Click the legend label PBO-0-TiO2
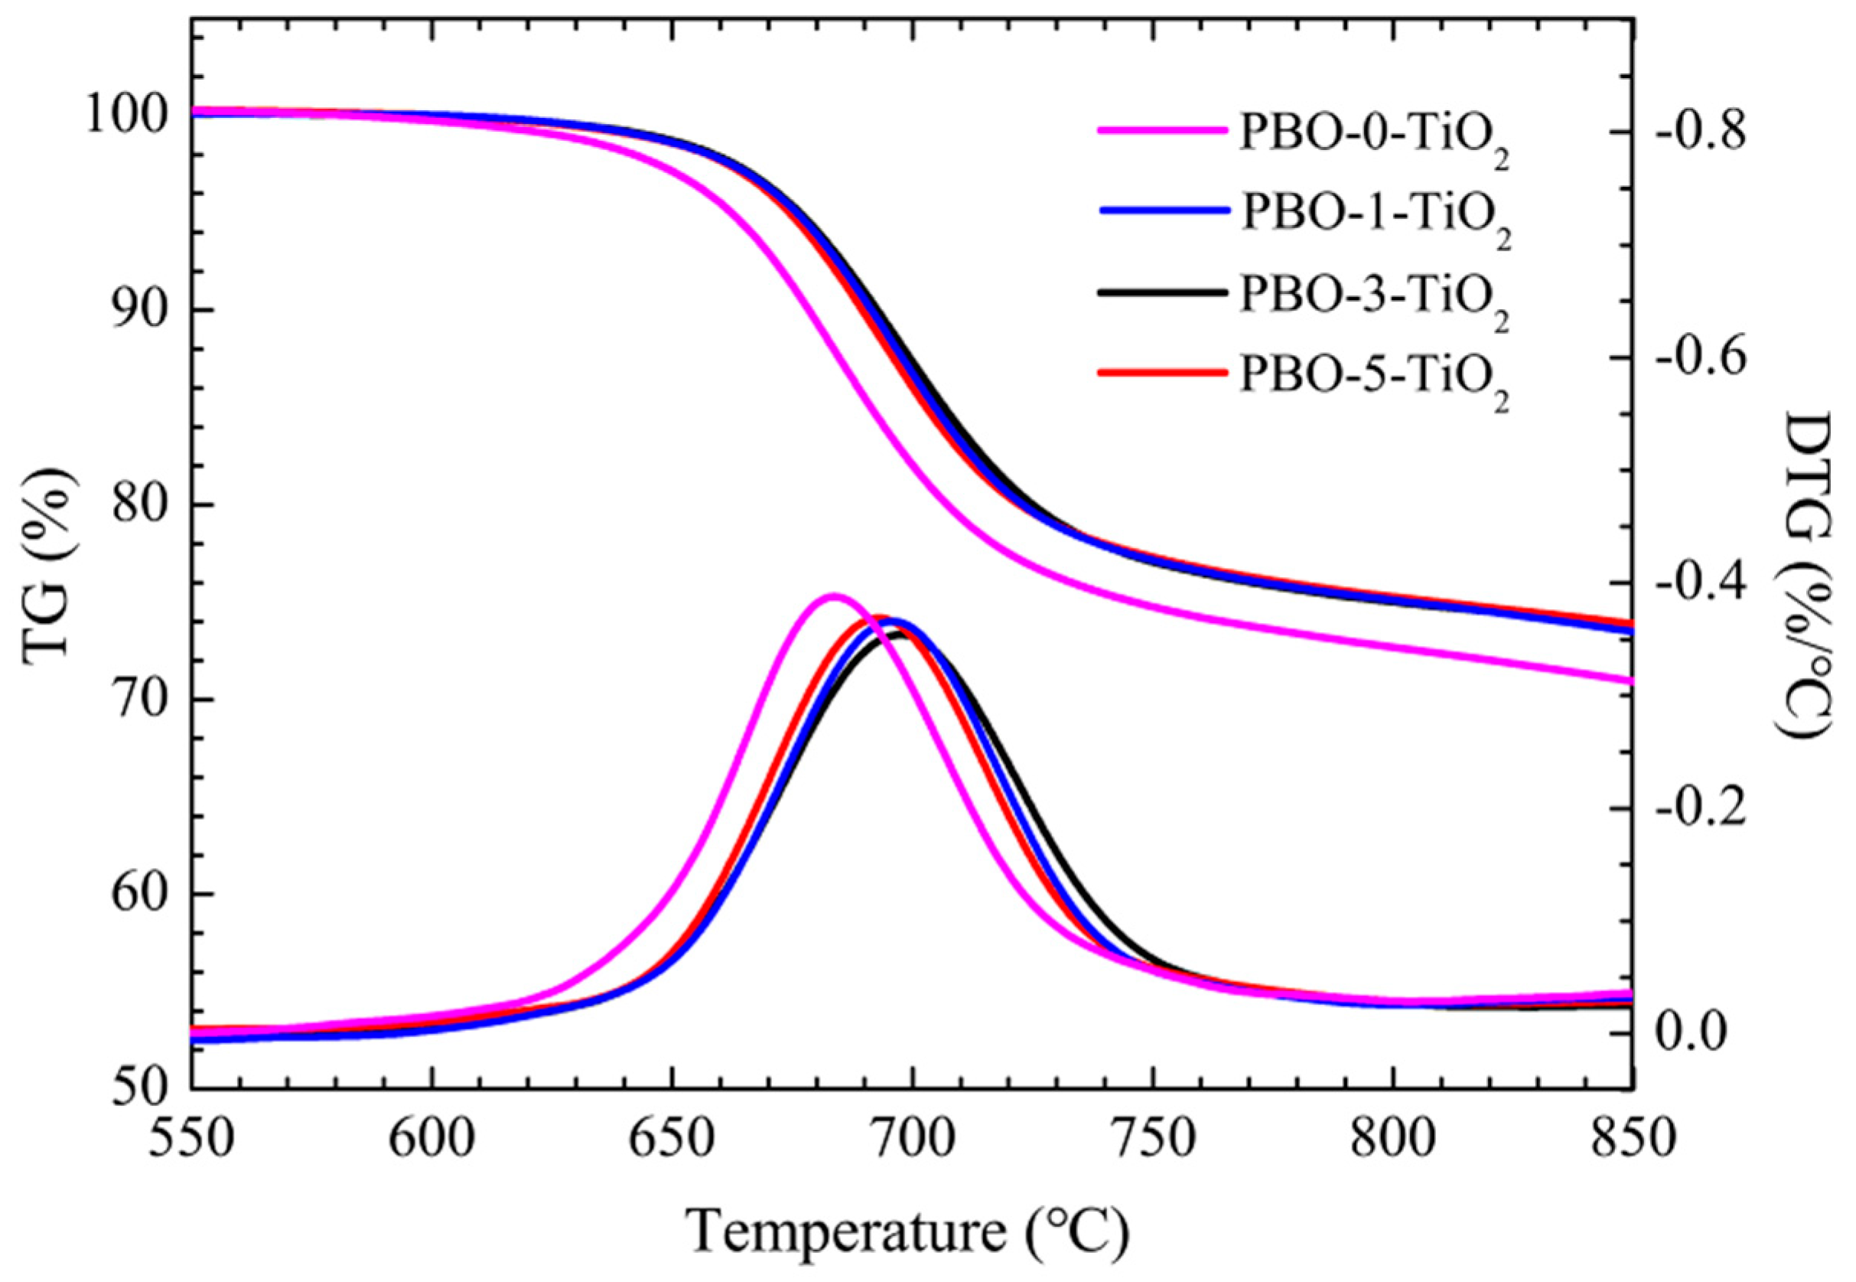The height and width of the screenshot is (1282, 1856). [x=1373, y=135]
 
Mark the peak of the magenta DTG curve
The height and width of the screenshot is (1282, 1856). [x=832, y=596]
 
